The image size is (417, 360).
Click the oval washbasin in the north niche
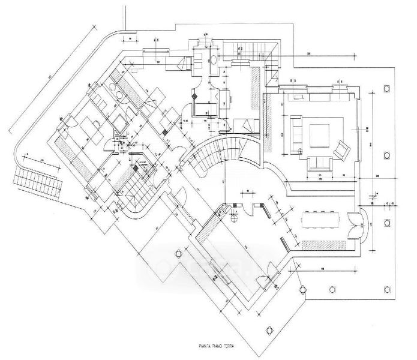[215, 59]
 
